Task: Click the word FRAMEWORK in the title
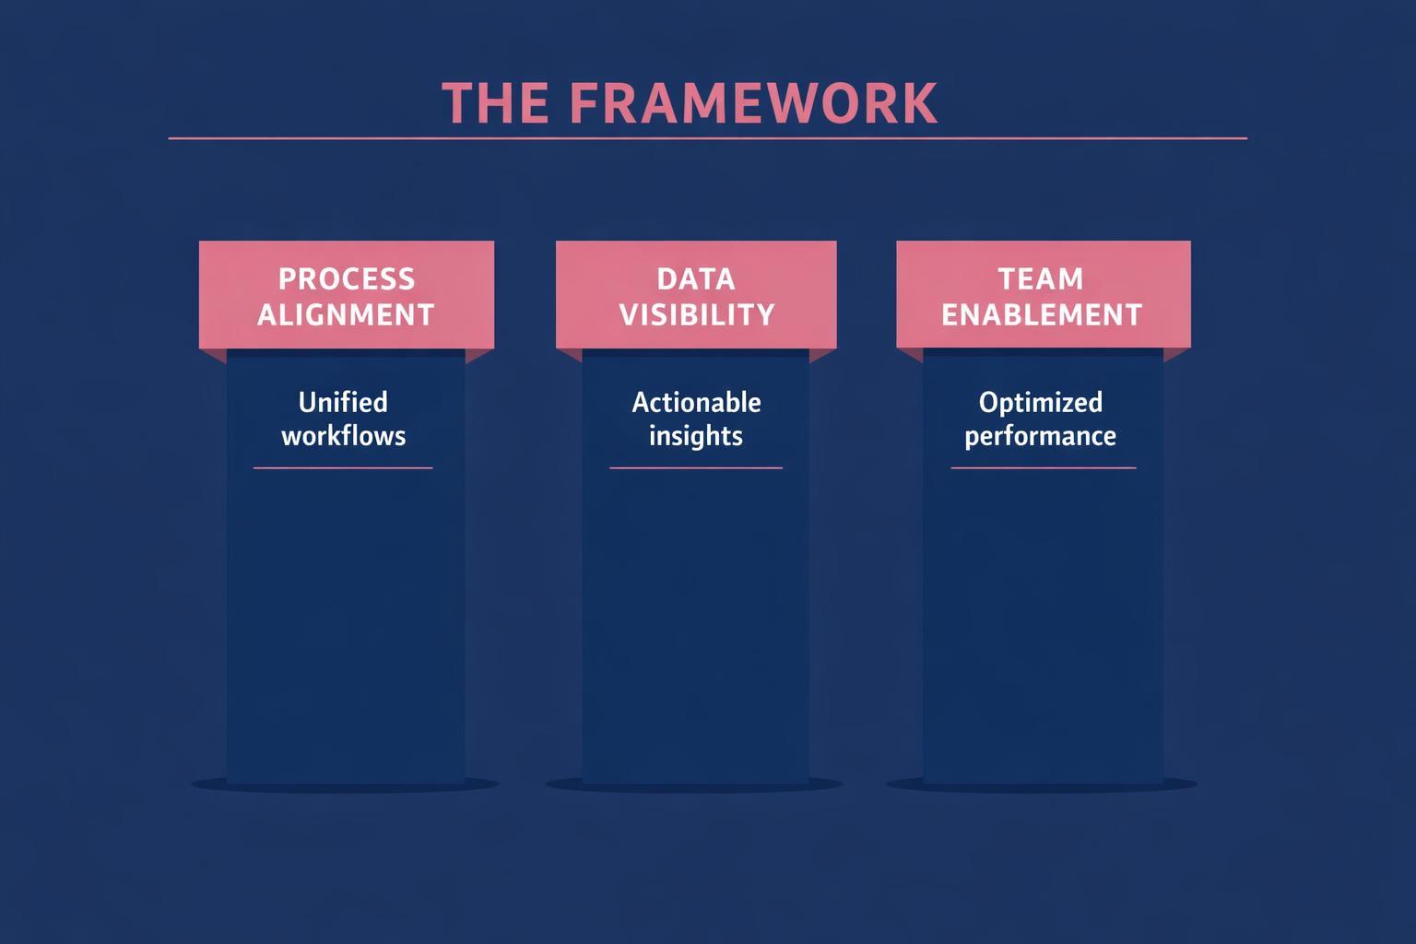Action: click(754, 102)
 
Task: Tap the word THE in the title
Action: click(495, 102)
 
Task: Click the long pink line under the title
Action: click(707, 138)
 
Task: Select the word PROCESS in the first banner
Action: click(347, 278)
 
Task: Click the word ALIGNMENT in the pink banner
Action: click(346, 315)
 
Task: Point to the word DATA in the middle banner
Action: click(696, 278)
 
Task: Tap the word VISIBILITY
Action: click(696, 315)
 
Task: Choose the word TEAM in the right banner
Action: click(1041, 278)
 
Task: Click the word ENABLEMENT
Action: click(1042, 315)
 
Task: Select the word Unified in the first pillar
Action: click(343, 403)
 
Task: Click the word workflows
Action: click(343, 436)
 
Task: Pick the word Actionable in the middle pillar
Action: click(696, 403)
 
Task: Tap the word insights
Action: click(696, 436)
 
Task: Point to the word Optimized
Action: click(1040, 403)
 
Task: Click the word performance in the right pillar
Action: click(1040, 436)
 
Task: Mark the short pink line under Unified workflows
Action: click(343, 468)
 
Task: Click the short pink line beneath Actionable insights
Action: click(696, 468)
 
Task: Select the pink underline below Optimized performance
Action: click(1043, 468)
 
